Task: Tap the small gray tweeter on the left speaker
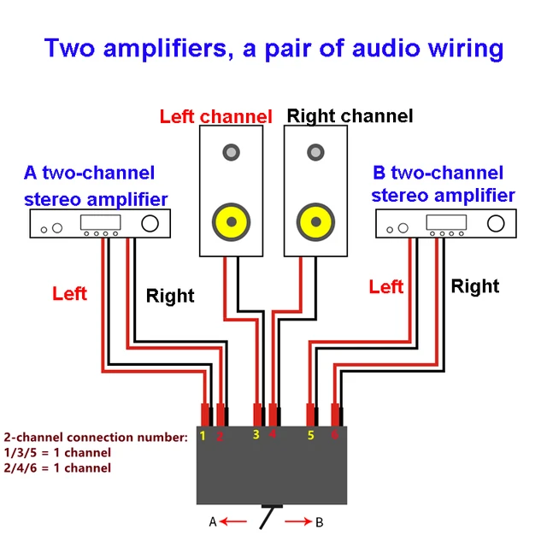pyautogui.click(x=231, y=153)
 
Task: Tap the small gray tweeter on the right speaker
pyautogui.click(x=315, y=153)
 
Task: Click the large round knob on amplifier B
pyautogui.click(x=497, y=224)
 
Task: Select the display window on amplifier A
pyautogui.click(x=97, y=222)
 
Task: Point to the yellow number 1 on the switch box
pyautogui.click(x=203, y=436)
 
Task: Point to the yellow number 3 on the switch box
pyautogui.click(x=256, y=435)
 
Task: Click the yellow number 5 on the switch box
pyautogui.click(x=311, y=436)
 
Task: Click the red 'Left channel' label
pyautogui.click(x=215, y=116)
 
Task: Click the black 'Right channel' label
pyautogui.click(x=350, y=115)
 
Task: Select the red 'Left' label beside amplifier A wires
pyautogui.click(x=69, y=294)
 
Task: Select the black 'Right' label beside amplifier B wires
pyautogui.click(x=474, y=286)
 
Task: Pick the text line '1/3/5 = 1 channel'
pyautogui.click(x=57, y=452)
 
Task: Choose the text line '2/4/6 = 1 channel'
pyautogui.click(x=57, y=468)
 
